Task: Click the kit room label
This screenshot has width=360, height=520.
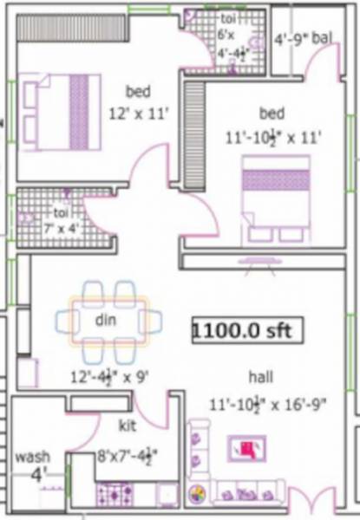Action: tap(127, 425)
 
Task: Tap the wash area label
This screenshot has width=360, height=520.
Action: tap(33, 456)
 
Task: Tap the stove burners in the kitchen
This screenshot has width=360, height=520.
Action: tap(113, 495)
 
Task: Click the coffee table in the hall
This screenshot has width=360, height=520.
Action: tap(247, 448)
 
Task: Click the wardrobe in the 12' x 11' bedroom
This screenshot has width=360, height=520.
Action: tap(54, 27)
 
